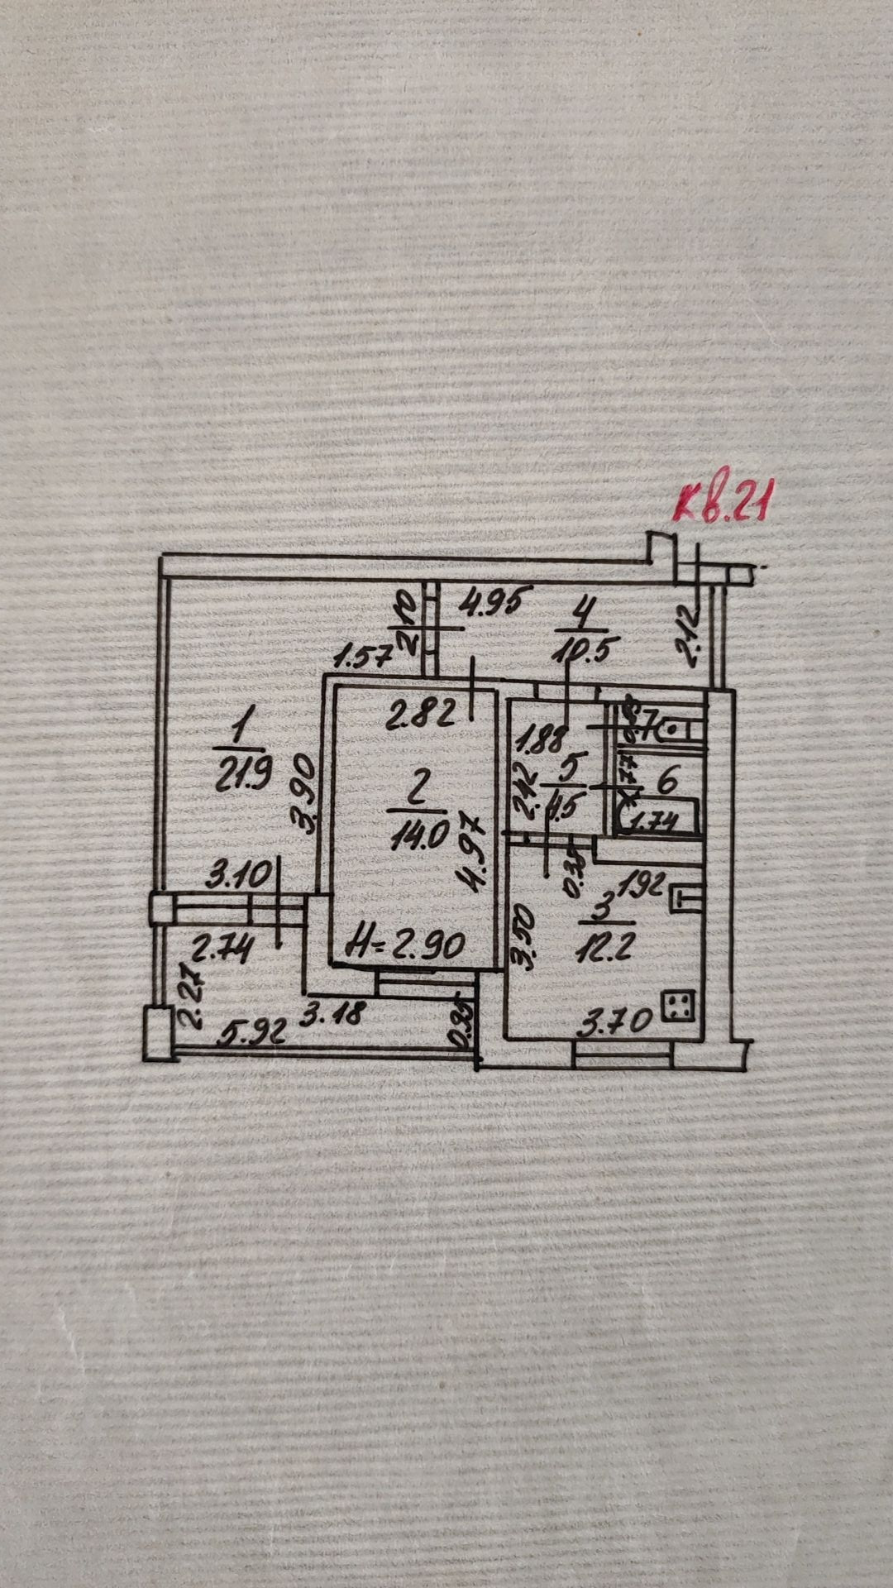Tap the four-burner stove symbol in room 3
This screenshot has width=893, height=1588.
(680, 1007)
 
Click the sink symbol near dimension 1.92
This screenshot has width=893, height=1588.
(686, 898)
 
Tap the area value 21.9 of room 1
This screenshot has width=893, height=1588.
(237, 777)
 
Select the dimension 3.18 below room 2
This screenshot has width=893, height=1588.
(331, 1014)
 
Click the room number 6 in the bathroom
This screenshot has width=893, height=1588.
(671, 780)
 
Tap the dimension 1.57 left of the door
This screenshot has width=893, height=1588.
(362, 659)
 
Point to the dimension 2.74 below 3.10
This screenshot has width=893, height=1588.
(222, 948)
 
